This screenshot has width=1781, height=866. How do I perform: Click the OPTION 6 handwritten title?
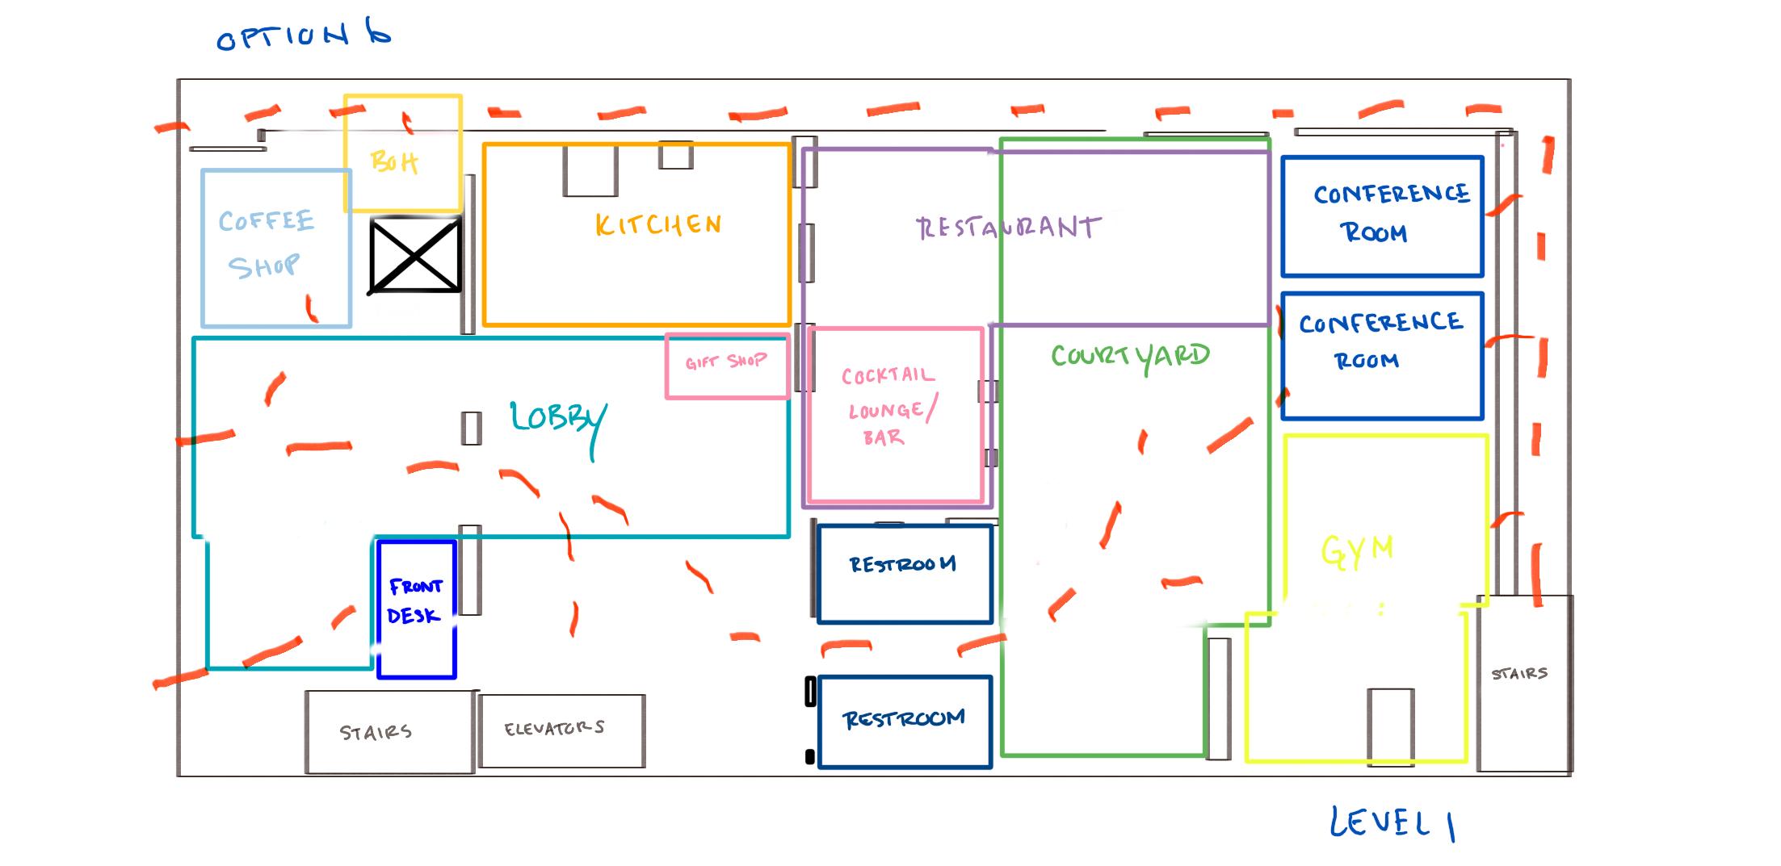click(304, 36)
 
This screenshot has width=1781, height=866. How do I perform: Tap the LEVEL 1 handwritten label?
click(1392, 823)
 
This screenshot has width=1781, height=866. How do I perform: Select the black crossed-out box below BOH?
click(415, 256)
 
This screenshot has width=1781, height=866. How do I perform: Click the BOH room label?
click(394, 161)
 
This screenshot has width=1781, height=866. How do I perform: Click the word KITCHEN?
click(658, 224)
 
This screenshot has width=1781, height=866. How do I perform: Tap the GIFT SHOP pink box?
click(727, 366)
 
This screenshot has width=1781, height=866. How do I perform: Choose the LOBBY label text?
click(557, 420)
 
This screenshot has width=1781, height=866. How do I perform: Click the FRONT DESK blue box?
click(416, 608)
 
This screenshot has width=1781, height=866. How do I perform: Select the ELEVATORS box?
click(561, 730)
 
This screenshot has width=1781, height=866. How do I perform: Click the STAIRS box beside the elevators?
click(389, 732)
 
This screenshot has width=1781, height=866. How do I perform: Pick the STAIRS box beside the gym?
click(1523, 682)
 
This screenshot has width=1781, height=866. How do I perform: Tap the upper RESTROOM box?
click(904, 573)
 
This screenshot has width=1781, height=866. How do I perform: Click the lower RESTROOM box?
click(904, 721)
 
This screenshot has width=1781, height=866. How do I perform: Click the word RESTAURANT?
click(1008, 228)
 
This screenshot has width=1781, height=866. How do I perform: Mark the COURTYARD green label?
click(1130, 356)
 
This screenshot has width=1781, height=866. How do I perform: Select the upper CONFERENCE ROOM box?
click(1382, 215)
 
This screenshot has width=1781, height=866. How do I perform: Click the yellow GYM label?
click(1357, 550)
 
